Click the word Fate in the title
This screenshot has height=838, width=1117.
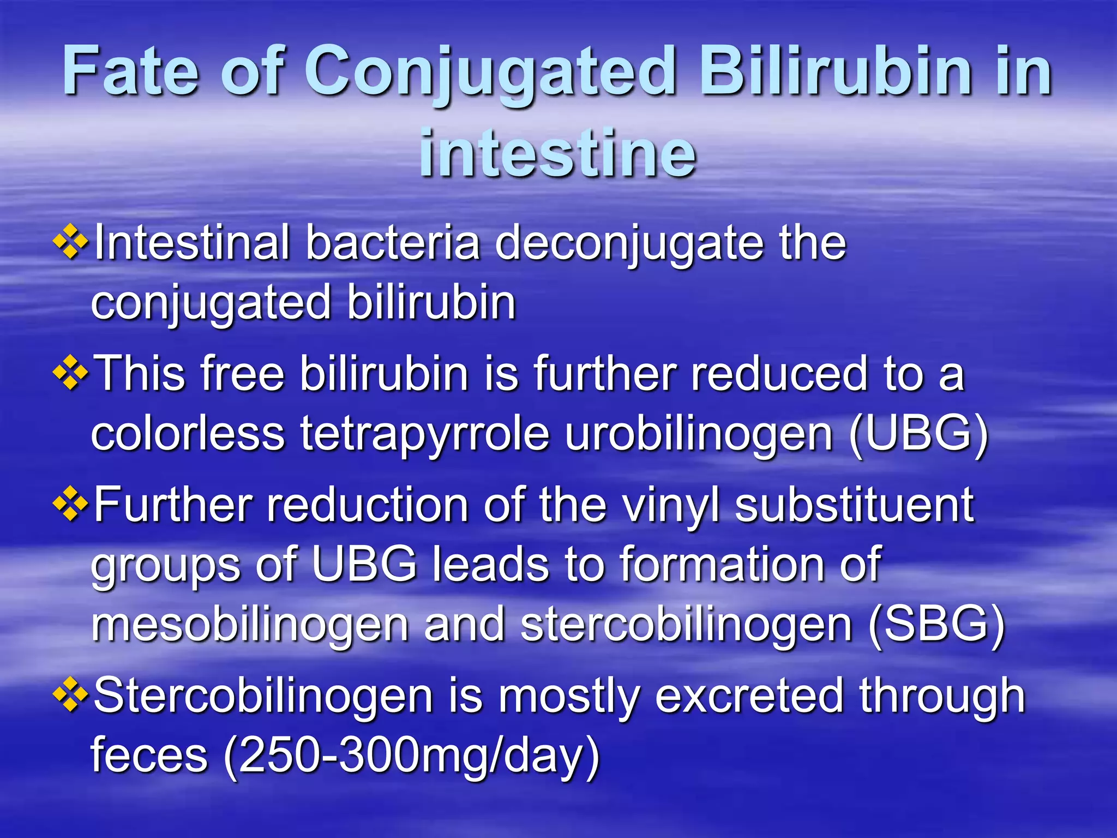(x=131, y=71)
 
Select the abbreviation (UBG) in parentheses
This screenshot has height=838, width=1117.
(x=918, y=435)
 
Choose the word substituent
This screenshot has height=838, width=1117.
(x=854, y=505)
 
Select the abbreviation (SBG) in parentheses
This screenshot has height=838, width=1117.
(x=936, y=625)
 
